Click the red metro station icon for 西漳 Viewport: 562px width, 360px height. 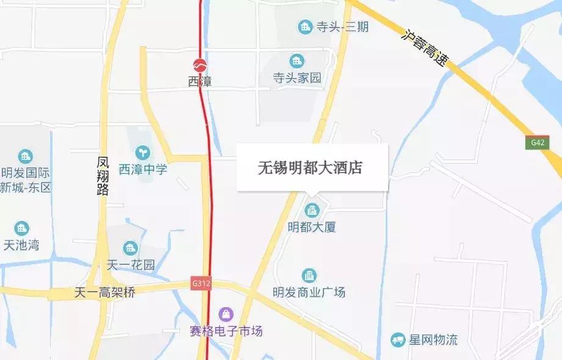pyautogui.click(x=200, y=65)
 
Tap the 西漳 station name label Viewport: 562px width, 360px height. pyautogui.click(x=200, y=81)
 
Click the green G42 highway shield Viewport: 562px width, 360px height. pyautogui.click(x=537, y=142)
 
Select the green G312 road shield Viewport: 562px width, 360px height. pyautogui.click(x=200, y=283)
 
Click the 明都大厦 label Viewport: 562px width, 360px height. pyautogui.click(x=312, y=227)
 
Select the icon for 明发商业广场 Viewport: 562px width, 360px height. pyautogui.click(x=309, y=276)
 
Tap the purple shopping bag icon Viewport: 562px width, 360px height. pyautogui.click(x=226, y=314)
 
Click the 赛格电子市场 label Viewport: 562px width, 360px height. pyautogui.click(x=226, y=331)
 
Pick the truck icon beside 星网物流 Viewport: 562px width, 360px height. pyautogui.click(x=398, y=339)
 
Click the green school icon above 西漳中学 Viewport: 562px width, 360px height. pyautogui.click(x=142, y=151)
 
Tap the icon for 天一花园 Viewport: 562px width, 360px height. pyautogui.click(x=130, y=248)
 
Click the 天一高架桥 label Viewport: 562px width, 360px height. pyautogui.click(x=104, y=292)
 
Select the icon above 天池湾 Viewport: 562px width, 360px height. pyautogui.click(x=22, y=229)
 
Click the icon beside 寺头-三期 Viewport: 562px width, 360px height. pyautogui.click(x=304, y=27)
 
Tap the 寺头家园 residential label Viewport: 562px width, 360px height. pyautogui.click(x=297, y=77)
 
